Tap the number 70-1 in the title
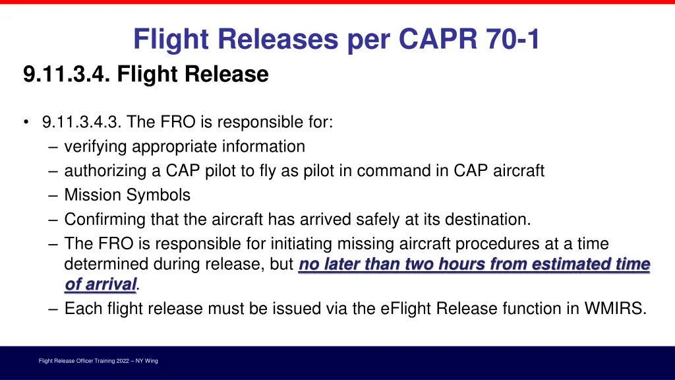point(513,40)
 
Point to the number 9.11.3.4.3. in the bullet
point(82,122)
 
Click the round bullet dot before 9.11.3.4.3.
point(25,122)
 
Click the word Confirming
point(105,219)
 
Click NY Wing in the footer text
point(146,361)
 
